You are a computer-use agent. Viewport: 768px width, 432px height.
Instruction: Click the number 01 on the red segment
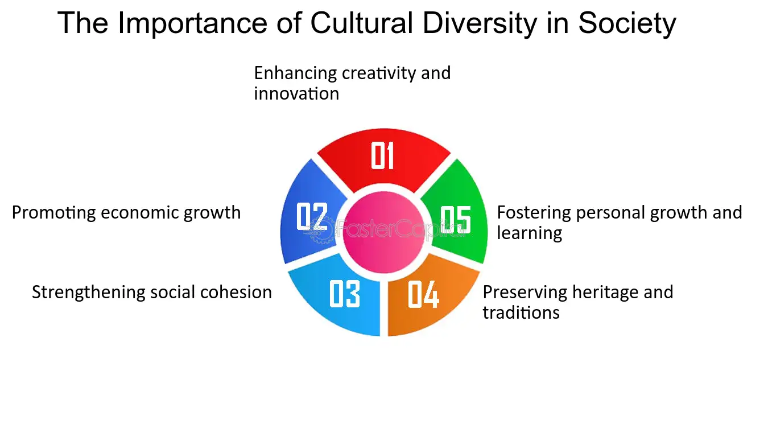(x=382, y=155)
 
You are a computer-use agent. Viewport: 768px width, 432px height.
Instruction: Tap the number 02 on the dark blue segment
(x=312, y=216)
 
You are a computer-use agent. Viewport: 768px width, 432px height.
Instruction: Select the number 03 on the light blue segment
(x=345, y=294)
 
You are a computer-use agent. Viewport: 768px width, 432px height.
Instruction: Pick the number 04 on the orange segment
(x=423, y=294)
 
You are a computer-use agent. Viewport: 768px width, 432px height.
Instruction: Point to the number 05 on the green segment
(x=456, y=220)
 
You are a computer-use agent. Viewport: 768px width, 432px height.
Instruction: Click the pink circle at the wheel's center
(x=384, y=232)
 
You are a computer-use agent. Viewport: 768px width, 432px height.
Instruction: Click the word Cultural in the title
(x=361, y=23)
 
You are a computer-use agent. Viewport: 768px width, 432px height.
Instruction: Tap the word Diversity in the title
(x=480, y=24)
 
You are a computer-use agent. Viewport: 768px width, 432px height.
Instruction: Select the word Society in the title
(x=627, y=24)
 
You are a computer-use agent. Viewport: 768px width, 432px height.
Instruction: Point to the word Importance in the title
(x=192, y=24)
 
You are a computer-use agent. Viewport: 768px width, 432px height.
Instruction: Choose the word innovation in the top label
(x=296, y=93)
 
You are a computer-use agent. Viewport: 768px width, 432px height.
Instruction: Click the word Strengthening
(x=89, y=293)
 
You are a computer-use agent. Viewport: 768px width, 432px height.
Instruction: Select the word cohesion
(x=236, y=293)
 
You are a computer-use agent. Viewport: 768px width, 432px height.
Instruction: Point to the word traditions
(x=521, y=312)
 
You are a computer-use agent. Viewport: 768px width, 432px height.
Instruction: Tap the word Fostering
(x=534, y=213)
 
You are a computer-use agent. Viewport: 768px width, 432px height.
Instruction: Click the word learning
(x=530, y=233)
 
